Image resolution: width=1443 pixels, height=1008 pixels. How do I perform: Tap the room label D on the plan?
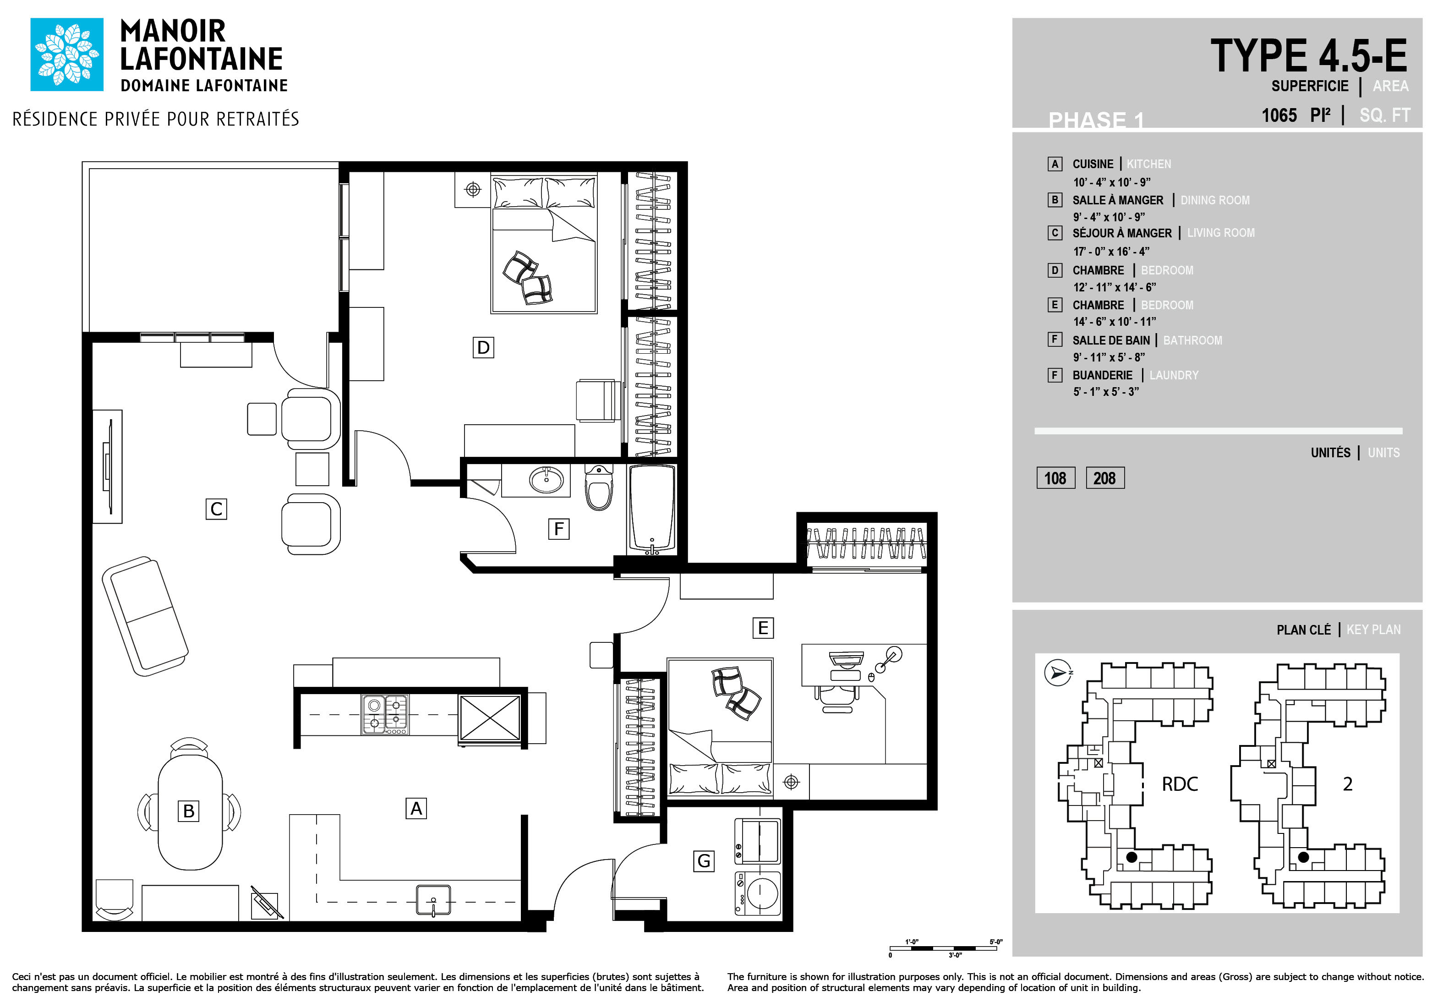pyautogui.click(x=483, y=347)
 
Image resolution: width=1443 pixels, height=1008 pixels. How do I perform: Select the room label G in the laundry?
pyautogui.click(x=704, y=861)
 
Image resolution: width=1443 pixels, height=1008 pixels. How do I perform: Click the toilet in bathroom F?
pyautogui.click(x=599, y=488)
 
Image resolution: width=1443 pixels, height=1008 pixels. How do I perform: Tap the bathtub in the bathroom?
pyautogui.click(x=652, y=509)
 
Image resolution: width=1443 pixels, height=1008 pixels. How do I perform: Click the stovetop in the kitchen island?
pyautogui.click(x=385, y=714)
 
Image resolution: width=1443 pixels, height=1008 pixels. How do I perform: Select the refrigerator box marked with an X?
pyautogui.click(x=490, y=718)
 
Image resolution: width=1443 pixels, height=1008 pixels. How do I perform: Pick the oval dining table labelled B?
pyautogui.click(x=190, y=811)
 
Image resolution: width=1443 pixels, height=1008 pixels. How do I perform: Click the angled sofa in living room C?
pyautogui.click(x=145, y=616)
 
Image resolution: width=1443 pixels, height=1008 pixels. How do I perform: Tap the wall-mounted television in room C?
pyautogui.click(x=108, y=466)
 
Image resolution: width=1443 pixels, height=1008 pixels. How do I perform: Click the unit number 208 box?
pyautogui.click(x=1105, y=478)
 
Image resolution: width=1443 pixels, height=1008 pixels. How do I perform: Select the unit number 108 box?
pyautogui.click(x=1056, y=478)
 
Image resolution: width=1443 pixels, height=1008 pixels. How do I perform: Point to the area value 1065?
pyautogui.click(x=1279, y=115)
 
